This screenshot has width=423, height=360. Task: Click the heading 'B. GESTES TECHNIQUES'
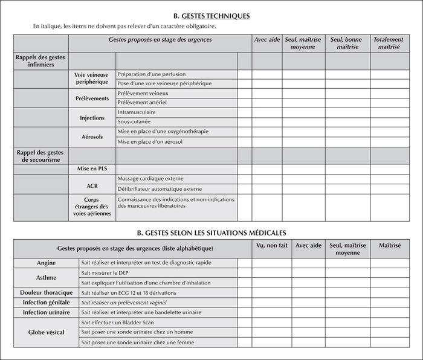point(211,16)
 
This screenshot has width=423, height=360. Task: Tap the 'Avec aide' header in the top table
point(266,39)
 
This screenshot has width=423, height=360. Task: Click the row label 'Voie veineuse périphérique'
point(92,79)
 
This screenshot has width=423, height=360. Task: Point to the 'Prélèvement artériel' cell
point(143,103)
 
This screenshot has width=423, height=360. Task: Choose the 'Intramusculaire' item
point(137,112)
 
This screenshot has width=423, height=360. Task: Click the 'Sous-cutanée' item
point(134,122)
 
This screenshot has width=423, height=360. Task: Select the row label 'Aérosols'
point(92,137)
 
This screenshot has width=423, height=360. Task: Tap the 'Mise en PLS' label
point(92,170)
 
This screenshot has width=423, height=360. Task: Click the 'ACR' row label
point(92,184)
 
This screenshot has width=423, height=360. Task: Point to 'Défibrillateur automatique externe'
point(160,189)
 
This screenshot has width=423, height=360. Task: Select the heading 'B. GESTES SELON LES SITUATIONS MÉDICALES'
point(211,232)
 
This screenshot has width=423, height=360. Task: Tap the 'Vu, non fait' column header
point(271,245)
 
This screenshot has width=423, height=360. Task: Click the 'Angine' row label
point(46,263)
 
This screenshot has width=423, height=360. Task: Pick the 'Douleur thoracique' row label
point(46,292)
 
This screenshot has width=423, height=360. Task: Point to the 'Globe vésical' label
point(46,332)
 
